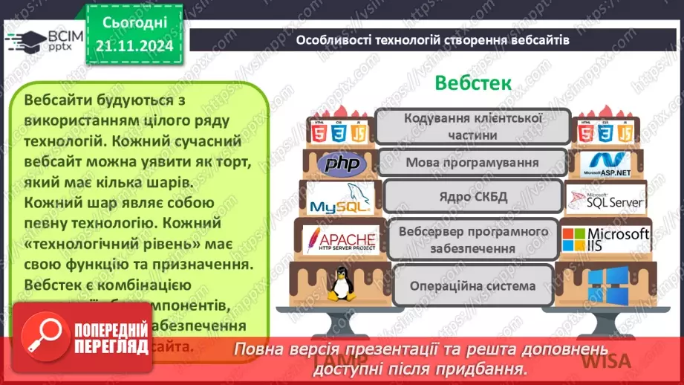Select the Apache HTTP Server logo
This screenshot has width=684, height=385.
[x=339, y=239]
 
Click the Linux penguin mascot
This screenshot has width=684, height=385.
[x=341, y=283]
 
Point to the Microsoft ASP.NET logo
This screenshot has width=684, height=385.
[x=605, y=164]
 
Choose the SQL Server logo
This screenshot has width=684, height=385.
[x=605, y=199]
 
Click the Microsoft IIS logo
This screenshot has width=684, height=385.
[x=605, y=239]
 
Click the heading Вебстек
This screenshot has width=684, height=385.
[x=472, y=82]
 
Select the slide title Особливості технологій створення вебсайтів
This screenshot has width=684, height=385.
[x=433, y=40]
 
